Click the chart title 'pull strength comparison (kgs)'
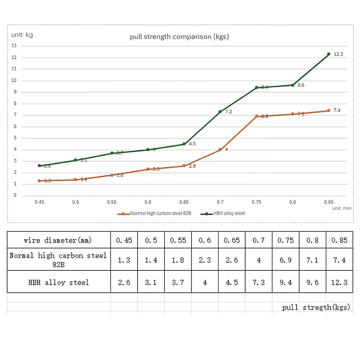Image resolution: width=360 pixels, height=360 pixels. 179,37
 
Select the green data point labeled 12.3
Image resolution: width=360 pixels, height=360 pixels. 329,54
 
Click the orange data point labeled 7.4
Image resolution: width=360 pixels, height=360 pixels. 329,111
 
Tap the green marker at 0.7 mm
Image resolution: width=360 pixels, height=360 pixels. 220,112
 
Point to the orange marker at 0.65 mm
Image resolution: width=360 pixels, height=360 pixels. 184,166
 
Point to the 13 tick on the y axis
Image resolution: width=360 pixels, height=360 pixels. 14,46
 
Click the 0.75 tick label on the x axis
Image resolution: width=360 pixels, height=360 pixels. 256,202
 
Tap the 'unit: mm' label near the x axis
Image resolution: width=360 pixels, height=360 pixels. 341,208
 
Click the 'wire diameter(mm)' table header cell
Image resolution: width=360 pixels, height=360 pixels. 58,240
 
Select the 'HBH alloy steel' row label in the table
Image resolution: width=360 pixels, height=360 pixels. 58,282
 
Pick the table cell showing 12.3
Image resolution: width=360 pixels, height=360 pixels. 339,282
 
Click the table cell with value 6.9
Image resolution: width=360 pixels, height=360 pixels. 285,260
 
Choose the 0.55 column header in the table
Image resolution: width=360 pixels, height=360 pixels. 178,240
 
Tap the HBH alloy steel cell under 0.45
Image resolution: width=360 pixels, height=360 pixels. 124,282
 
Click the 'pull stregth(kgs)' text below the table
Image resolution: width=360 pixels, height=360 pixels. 316,307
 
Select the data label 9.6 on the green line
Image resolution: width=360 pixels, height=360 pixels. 301,85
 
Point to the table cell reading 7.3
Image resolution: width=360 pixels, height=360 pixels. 258,282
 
